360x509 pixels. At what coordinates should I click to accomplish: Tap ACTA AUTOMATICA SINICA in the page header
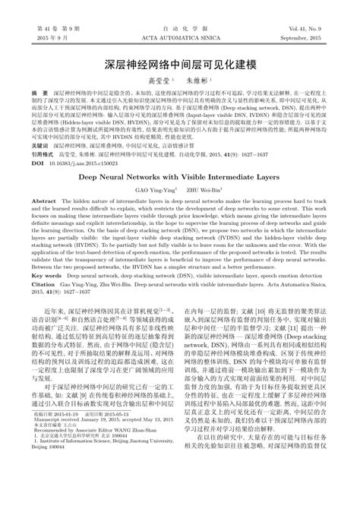pos(179,36)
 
